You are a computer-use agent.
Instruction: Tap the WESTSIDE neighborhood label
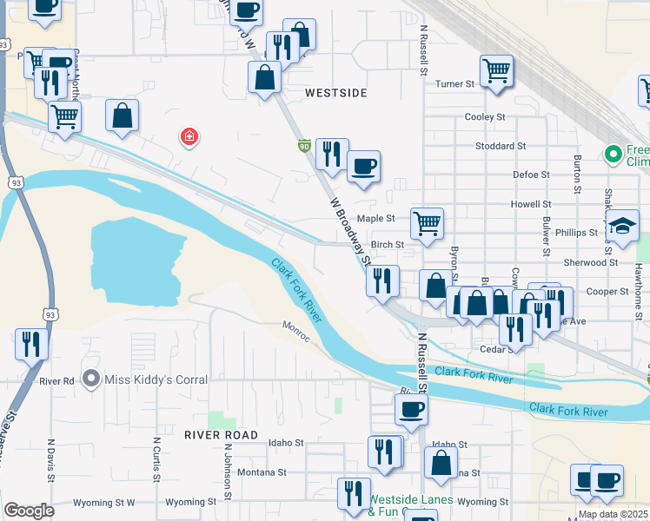tap(336, 92)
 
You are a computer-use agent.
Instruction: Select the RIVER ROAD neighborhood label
tap(222, 434)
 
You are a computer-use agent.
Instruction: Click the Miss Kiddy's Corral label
tap(156, 379)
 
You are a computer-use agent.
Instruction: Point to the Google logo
tap(29, 511)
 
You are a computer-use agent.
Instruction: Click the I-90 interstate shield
tap(304, 145)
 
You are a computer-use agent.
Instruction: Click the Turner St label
tap(454, 84)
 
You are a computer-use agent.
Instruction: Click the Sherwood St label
tap(591, 262)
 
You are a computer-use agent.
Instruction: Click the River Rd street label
tap(57, 380)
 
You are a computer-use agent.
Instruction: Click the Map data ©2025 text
tap(611, 514)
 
